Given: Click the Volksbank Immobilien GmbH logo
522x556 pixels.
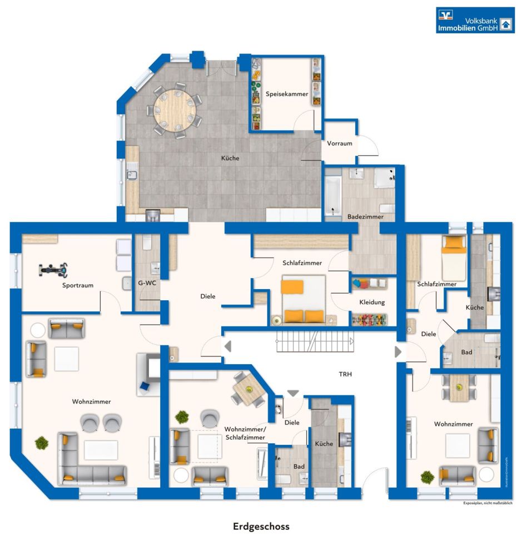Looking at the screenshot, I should point(475,20).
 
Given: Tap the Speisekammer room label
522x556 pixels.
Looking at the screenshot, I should point(287,94).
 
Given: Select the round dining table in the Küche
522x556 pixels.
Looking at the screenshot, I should point(175,109).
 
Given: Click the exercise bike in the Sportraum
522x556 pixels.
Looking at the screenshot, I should point(54,270).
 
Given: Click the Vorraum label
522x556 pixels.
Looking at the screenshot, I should point(340,143).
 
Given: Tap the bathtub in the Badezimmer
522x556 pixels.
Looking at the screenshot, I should point(333,196).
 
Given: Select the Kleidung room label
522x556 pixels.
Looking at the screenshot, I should point(372,302).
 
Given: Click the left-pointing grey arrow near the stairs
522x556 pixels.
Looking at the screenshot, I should point(227,346).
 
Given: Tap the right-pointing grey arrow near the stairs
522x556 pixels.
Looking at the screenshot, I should point(398,351).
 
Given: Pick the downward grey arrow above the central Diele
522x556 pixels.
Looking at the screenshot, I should point(293,393).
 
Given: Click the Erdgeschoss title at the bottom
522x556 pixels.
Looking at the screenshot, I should point(261,526).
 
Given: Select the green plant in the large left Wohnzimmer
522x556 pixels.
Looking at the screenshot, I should point(42,443).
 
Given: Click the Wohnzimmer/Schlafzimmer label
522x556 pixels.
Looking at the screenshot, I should point(245,434).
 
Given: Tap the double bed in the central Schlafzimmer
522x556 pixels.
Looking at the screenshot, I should point(303,300).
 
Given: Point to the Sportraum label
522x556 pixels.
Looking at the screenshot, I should point(78,285).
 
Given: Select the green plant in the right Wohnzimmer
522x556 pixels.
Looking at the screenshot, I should point(426,477).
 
